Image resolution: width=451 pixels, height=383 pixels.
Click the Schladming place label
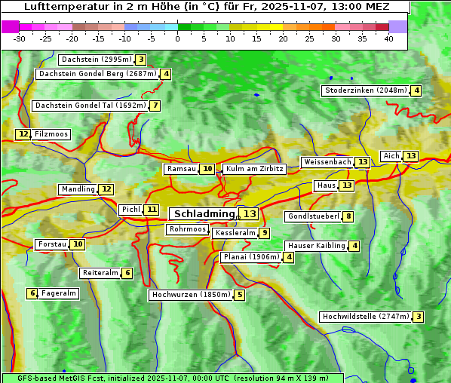coord(204,214)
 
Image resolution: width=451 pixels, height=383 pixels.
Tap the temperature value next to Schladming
coord(250,214)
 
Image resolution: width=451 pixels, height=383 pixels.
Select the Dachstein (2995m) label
coord(96,60)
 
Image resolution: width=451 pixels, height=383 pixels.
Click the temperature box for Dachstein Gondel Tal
coord(155,106)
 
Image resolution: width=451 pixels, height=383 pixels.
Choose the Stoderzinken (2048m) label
coord(365,90)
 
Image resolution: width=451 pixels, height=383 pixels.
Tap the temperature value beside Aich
coord(410,156)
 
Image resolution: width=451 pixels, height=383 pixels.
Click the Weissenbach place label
coord(327,162)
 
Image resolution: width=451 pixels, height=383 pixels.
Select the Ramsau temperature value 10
coord(207,169)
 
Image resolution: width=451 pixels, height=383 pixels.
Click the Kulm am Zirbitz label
coord(255,169)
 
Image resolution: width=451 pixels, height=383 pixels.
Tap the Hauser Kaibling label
coord(316,246)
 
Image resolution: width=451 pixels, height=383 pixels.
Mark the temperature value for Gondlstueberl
coord(348,217)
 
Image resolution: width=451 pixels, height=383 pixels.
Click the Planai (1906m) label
coord(251,257)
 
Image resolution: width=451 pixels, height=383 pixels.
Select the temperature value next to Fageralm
coord(32,293)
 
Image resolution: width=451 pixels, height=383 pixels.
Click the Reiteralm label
coord(100,273)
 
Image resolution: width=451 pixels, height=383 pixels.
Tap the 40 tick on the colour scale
coord(388,38)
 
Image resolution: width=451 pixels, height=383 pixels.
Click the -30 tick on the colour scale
coord(20,38)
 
